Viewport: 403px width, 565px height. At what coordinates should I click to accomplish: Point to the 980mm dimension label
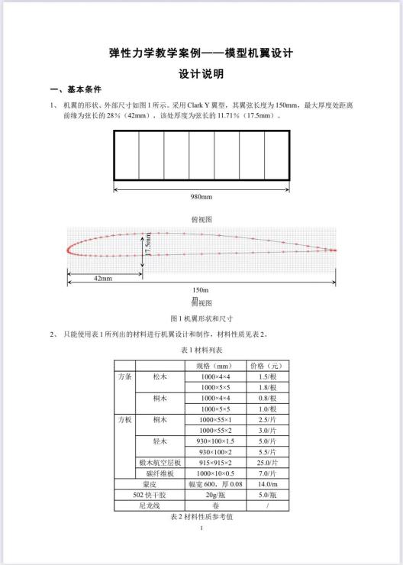point(201,196)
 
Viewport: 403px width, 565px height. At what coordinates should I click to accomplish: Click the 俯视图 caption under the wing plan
point(201,219)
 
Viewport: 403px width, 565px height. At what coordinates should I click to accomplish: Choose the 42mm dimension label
point(102,279)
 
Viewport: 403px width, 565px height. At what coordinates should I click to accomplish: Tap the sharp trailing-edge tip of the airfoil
point(337,251)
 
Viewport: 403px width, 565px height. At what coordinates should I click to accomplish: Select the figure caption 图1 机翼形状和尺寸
point(201,318)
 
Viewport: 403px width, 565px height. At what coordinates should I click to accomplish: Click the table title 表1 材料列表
point(201,349)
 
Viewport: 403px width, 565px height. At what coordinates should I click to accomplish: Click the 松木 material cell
point(160,376)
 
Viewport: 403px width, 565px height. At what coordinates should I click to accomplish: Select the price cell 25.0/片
point(267,462)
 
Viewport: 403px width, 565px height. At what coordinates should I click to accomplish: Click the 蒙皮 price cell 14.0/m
point(267,483)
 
